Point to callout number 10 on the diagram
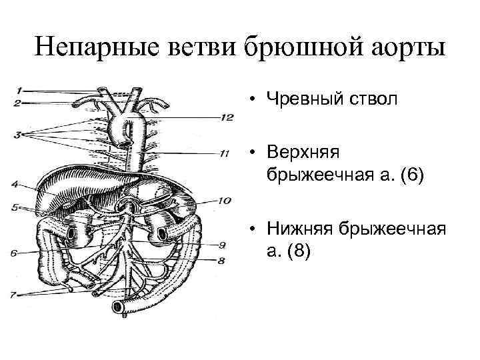pyautogui.click(x=224, y=201)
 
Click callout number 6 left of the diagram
pyautogui.click(x=13, y=253)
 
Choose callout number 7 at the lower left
pyautogui.click(x=14, y=293)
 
